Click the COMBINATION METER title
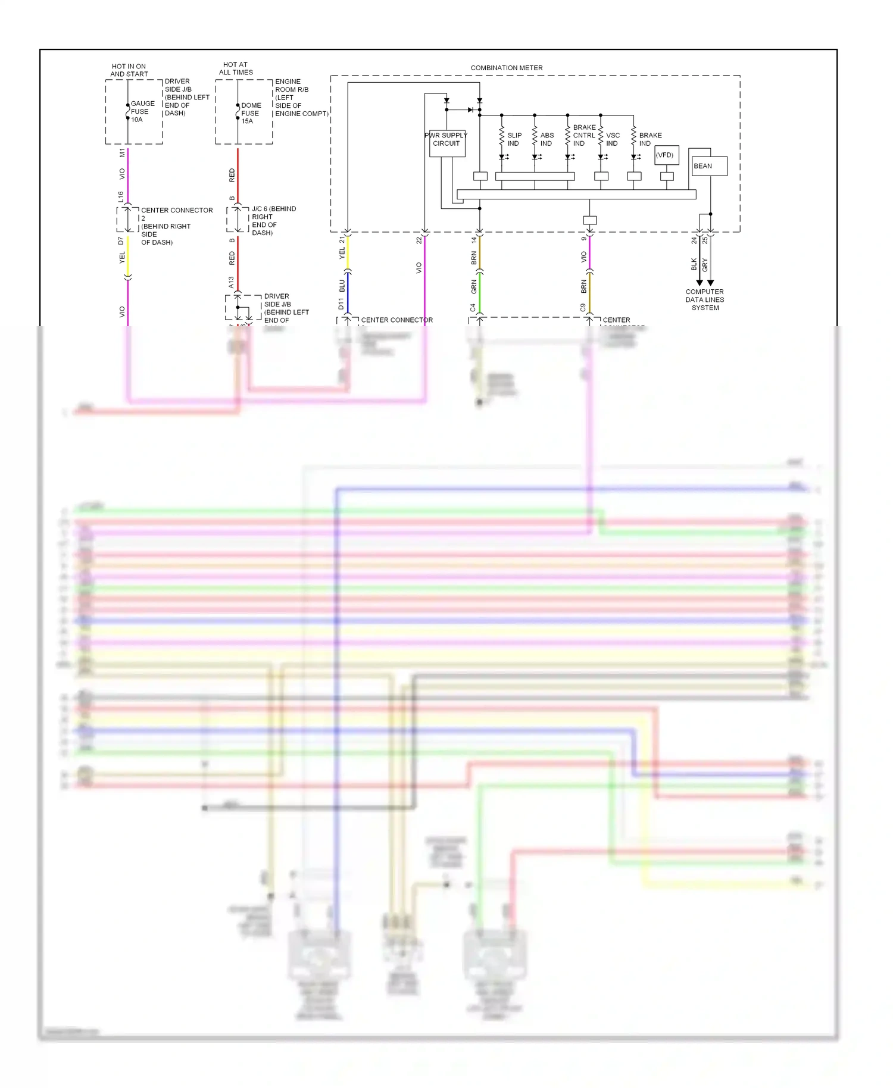point(506,68)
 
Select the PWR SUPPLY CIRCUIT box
point(447,143)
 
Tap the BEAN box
point(708,166)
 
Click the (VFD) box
point(666,155)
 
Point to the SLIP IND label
point(514,139)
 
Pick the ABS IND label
point(547,139)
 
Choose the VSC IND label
point(613,139)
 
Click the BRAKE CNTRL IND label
point(583,135)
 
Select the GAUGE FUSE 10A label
point(142,111)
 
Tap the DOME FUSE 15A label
point(251,113)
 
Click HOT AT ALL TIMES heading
point(236,68)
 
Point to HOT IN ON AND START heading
point(129,70)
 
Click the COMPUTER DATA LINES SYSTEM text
point(704,299)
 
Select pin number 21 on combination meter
point(342,240)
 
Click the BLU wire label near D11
point(342,286)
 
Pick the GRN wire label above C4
point(474,286)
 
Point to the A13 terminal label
point(231,282)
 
